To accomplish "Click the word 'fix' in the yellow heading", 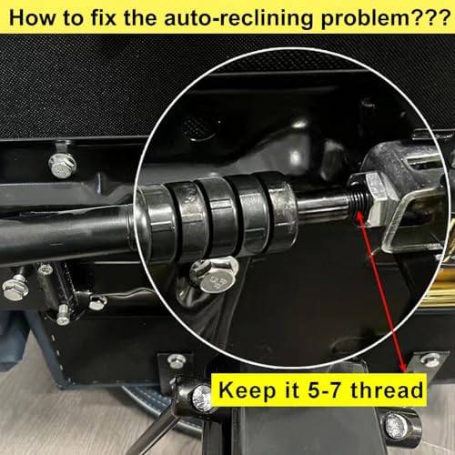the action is tap(104, 17).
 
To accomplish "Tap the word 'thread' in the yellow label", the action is tap(387, 389).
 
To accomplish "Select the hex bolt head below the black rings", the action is tap(214, 275).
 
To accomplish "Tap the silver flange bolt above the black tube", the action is tap(62, 166).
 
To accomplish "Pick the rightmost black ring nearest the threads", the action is tap(278, 210).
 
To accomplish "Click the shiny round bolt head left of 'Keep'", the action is tap(203, 399).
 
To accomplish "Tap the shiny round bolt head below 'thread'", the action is tap(397, 426).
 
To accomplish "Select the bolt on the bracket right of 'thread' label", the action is tap(430, 359).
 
